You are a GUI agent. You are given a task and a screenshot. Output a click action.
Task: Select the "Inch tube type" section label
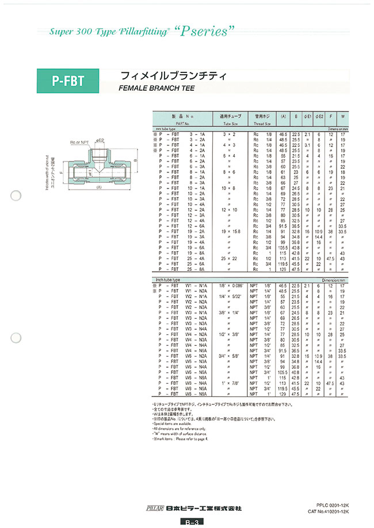coord(169,278)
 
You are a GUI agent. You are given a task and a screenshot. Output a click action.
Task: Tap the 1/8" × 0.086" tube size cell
coord(231,285)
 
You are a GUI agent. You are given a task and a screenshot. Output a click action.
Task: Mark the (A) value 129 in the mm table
coord(283,269)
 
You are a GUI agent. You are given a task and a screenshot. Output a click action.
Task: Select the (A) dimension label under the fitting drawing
coord(100,187)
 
